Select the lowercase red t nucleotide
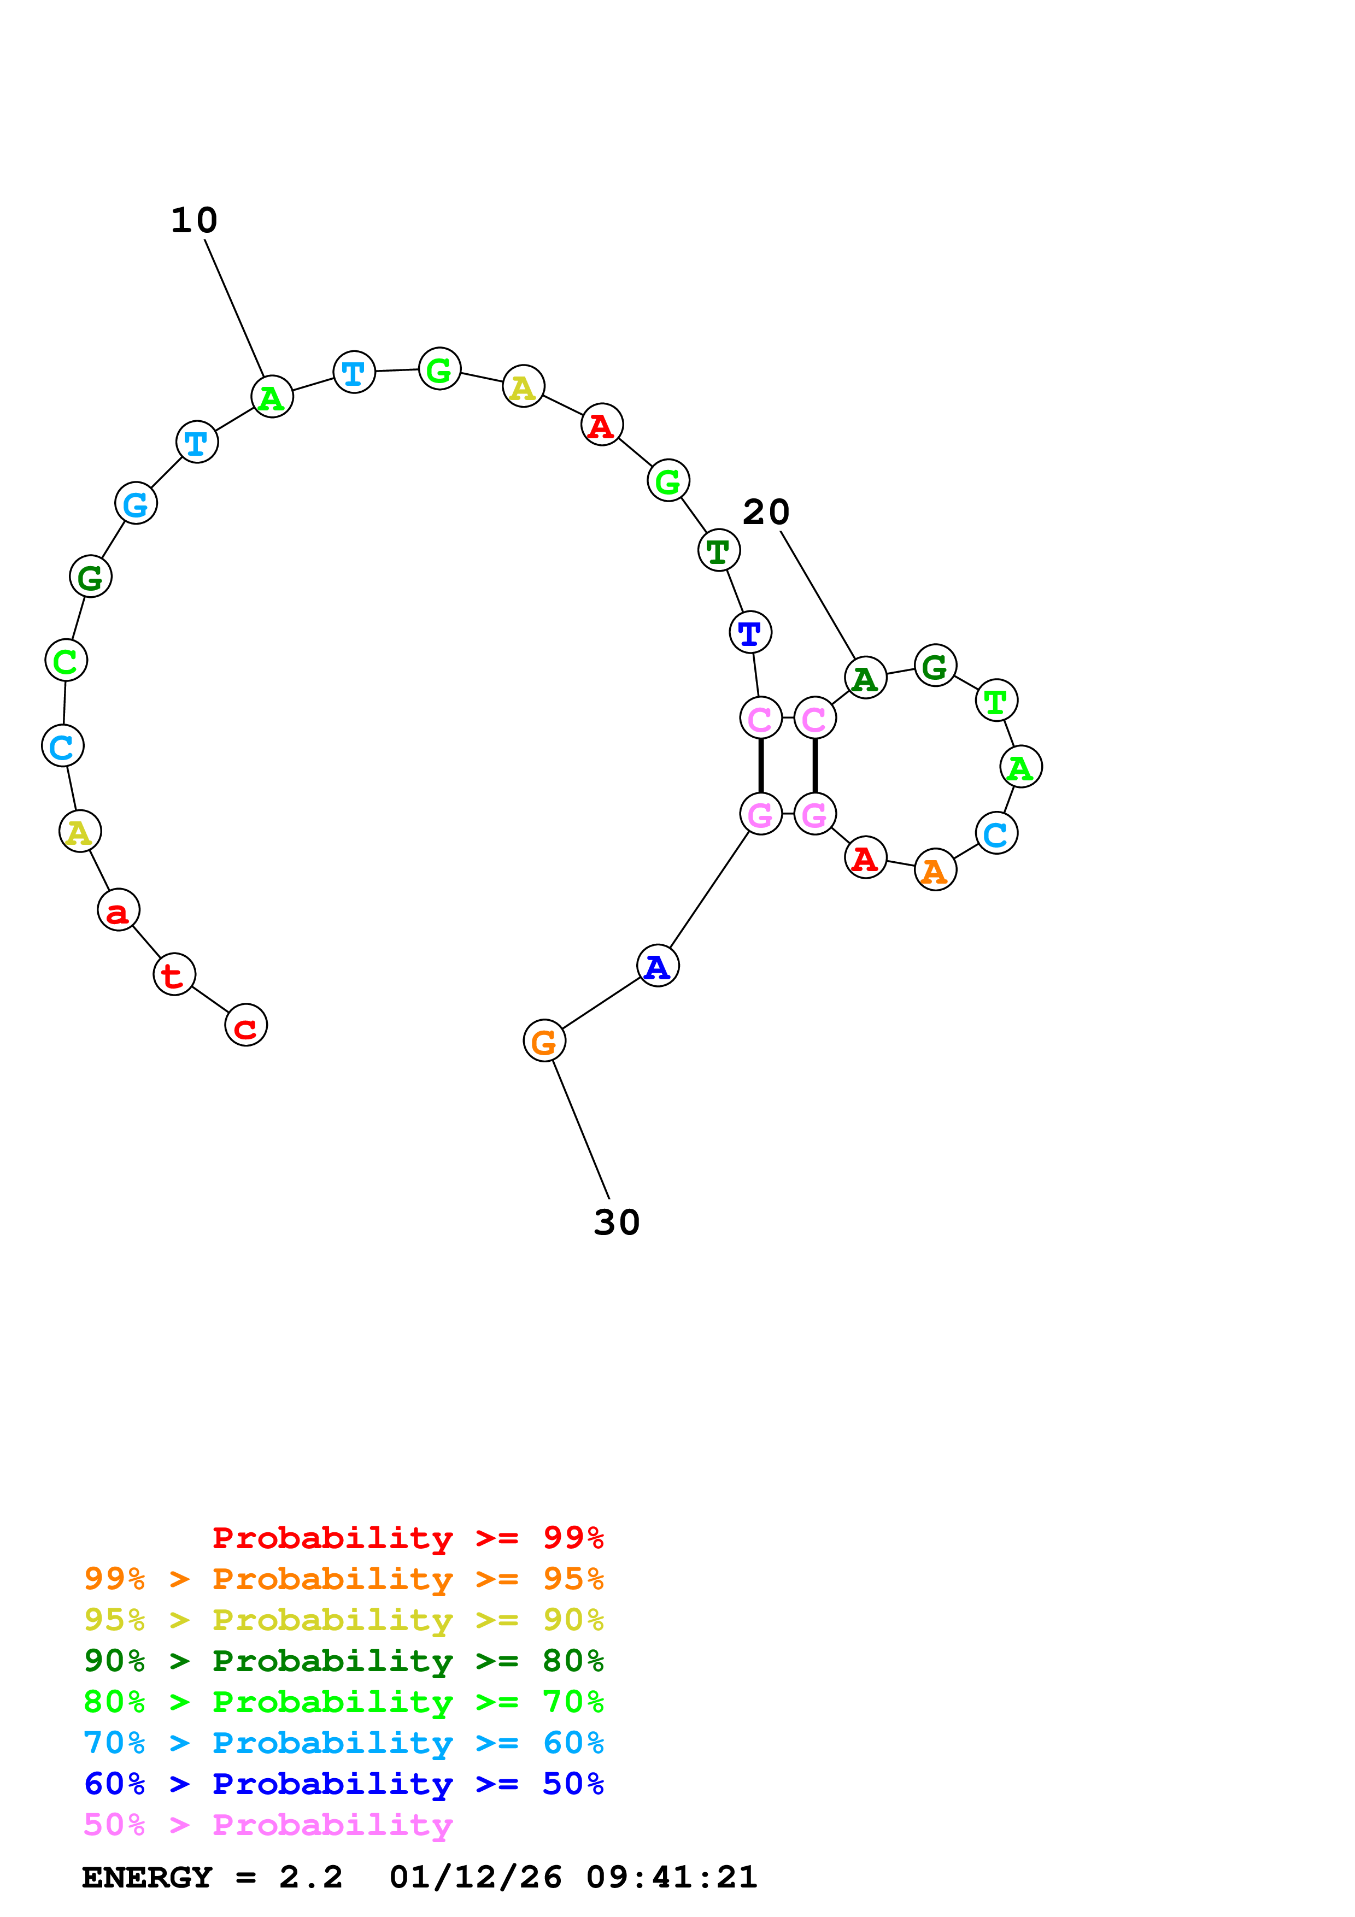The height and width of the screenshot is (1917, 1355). (174, 974)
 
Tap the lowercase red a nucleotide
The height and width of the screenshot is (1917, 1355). (118, 910)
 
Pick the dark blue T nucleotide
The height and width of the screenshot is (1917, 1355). (750, 632)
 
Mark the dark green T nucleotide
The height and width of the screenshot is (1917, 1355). (718, 550)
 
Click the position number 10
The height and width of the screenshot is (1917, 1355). (193, 220)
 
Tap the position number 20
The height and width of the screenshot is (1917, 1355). (766, 512)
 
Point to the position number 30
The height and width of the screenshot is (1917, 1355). (616, 1222)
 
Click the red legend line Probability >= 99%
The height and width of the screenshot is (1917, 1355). (407, 1538)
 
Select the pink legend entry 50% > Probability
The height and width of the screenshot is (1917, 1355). (268, 1825)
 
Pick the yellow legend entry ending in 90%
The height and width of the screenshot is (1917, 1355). (343, 1620)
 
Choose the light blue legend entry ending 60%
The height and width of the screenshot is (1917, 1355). (343, 1743)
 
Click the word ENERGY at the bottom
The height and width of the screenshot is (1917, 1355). (147, 1878)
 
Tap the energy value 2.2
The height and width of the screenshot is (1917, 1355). (310, 1878)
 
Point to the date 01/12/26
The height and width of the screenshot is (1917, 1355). (475, 1878)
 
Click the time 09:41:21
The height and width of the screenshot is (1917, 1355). (671, 1878)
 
